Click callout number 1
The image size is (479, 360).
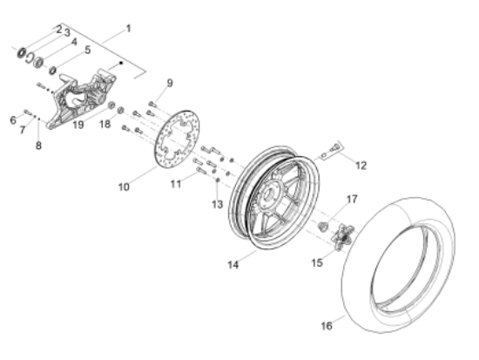click(129, 28)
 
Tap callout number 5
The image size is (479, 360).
click(87, 50)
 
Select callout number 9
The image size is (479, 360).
click(170, 83)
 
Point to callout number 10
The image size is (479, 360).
click(124, 186)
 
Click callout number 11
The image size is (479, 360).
click(175, 184)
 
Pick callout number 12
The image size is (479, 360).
click(361, 164)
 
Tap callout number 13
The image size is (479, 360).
click(218, 204)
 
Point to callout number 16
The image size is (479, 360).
click(327, 326)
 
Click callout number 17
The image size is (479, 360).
click(352, 200)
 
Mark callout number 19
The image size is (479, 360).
click(78, 125)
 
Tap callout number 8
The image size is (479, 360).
click(38, 146)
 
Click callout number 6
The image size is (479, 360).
click(13, 119)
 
